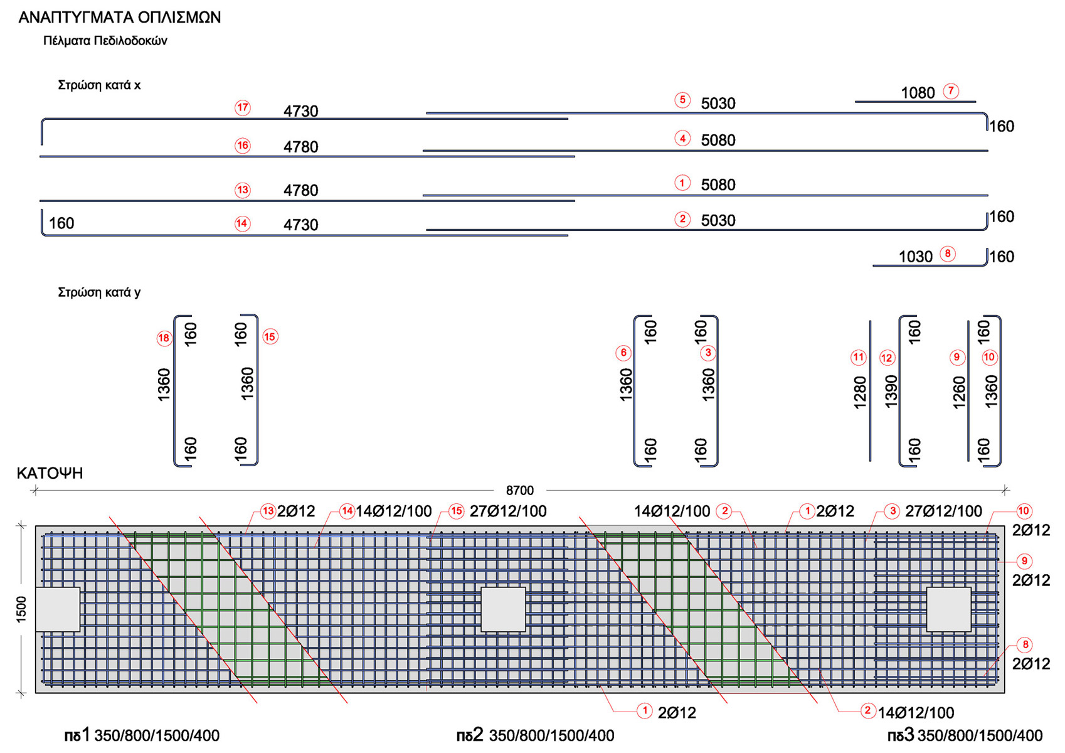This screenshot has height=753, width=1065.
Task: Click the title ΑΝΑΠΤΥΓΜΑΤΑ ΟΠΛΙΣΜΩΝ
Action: pyautogui.click(x=119, y=18)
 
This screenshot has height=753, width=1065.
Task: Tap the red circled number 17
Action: pyautogui.click(x=243, y=108)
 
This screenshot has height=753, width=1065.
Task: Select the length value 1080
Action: pyautogui.click(x=918, y=93)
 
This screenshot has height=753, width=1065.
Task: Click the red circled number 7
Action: pyautogui.click(x=951, y=91)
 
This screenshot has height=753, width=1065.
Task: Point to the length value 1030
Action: pyautogui.click(x=915, y=257)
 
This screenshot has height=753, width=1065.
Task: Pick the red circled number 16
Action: pyautogui.click(x=243, y=146)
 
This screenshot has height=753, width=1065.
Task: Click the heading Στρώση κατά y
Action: pyautogui.click(x=99, y=292)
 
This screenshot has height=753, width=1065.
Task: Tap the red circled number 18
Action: pyautogui.click(x=164, y=338)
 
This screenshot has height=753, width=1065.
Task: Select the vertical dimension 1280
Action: pyautogui.click(x=860, y=392)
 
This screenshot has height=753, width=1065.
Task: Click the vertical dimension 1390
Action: pyautogui.click(x=891, y=392)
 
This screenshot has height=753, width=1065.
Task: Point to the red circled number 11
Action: pyautogui.click(x=858, y=358)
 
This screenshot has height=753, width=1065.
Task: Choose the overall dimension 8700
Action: pyautogui.click(x=519, y=491)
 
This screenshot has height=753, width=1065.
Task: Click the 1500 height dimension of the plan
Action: pyautogui.click(x=22, y=609)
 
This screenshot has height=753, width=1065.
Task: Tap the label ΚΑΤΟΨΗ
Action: pyautogui.click(x=50, y=473)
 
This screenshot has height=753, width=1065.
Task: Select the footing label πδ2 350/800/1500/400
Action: pyautogui.click(x=535, y=735)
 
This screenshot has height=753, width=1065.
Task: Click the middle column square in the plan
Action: pyautogui.click(x=503, y=609)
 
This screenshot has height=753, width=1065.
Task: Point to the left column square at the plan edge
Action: pyautogui.click(x=58, y=609)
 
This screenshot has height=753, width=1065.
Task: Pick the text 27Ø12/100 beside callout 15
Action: pyautogui.click(x=508, y=511)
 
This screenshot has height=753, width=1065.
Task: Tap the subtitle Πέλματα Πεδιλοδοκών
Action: pyautogui.click(x=105, y=41)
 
